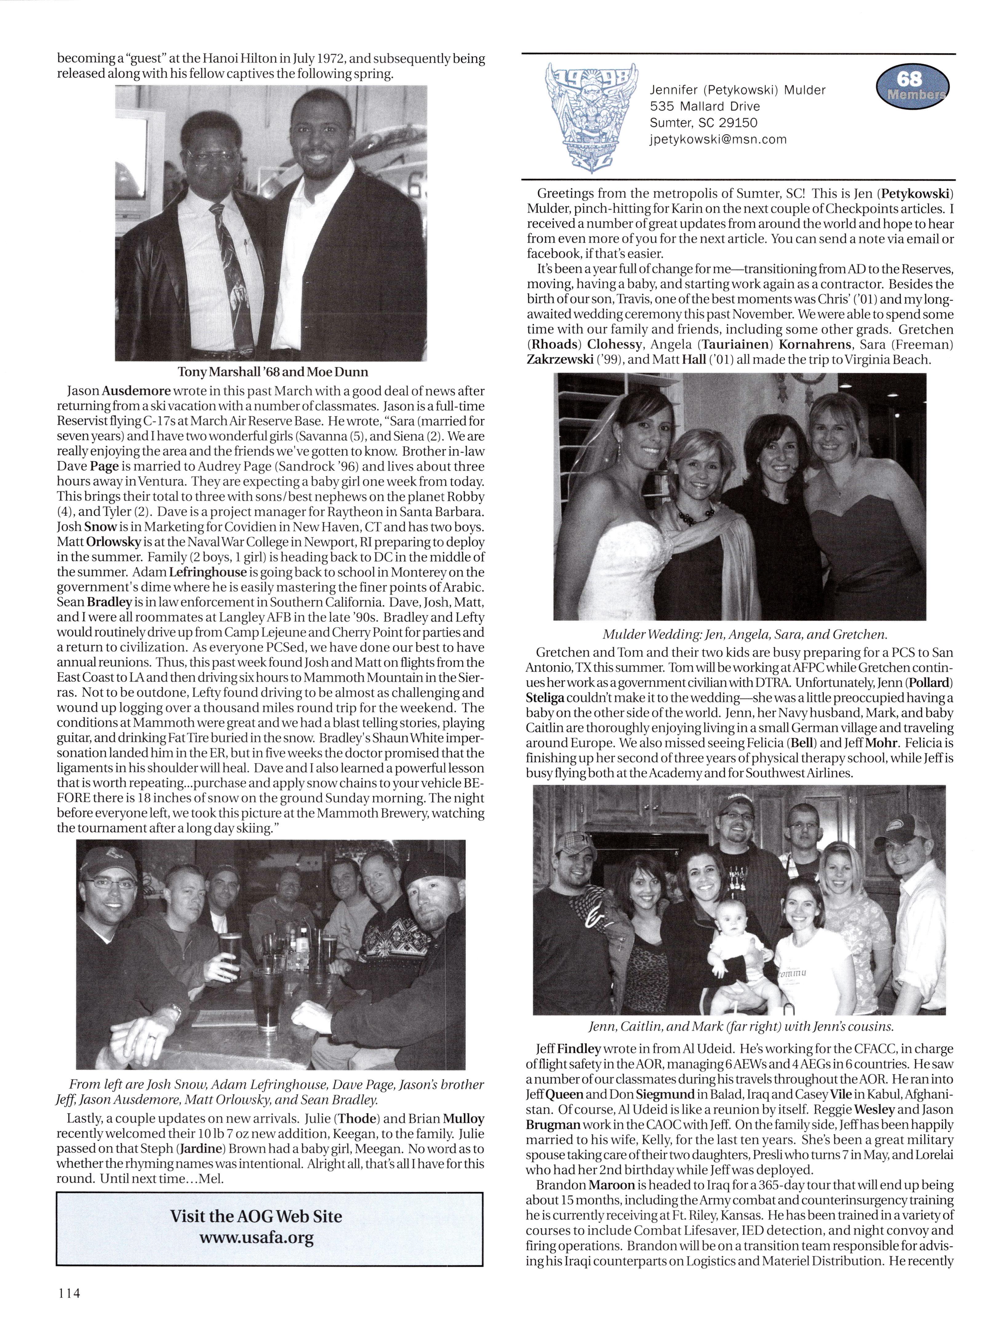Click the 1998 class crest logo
tap(590, 115)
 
